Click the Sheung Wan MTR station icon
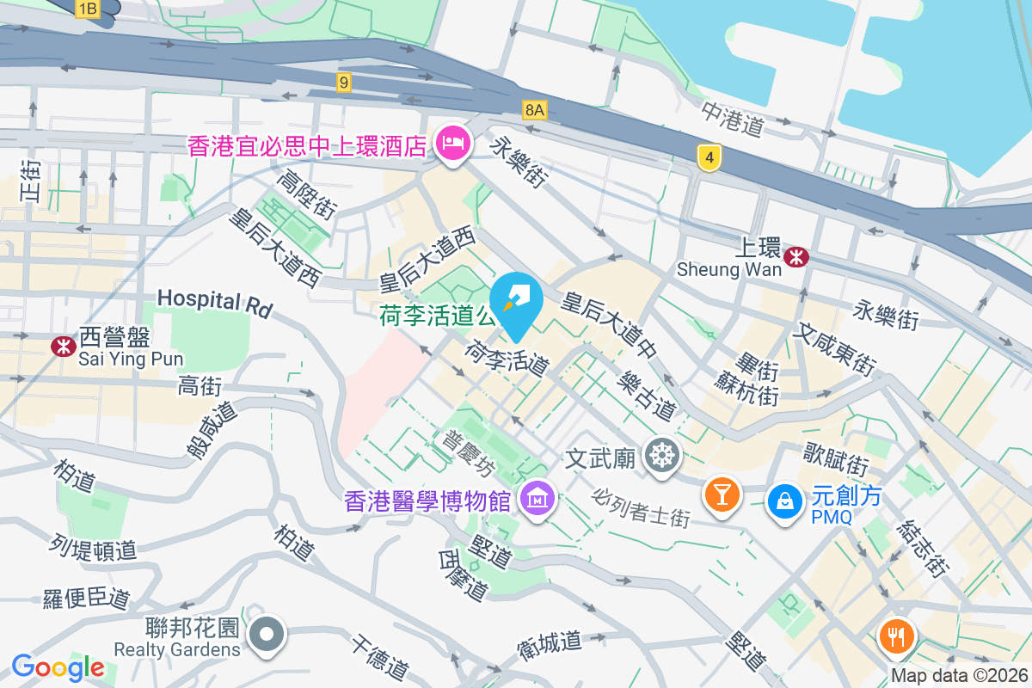(796, 255)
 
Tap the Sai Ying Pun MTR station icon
(62, 346)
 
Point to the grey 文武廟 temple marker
(661, 456)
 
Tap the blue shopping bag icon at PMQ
(784, 499)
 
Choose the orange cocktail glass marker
(722, 494)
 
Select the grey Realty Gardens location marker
(267, 636)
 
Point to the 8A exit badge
(534, 109)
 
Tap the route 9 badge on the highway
(344, 83)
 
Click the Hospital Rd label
(214, 302)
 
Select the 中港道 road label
(732, 120)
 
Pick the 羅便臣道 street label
(86, 599)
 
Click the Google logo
(58, 666)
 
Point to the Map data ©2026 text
(958, 675)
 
